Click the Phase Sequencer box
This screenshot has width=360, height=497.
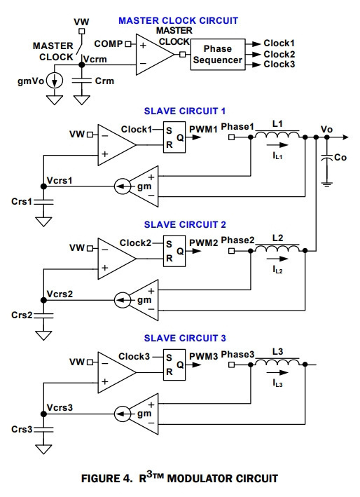pos(218,54)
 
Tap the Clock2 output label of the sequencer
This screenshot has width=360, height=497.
pos(279,54)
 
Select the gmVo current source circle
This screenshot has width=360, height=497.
pos(55,81)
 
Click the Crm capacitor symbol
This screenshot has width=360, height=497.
pos(82,81)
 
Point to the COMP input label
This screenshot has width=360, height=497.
pos(109,43)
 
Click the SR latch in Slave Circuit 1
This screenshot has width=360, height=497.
pos(174,137)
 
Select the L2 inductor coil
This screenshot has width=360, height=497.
pos(277,248)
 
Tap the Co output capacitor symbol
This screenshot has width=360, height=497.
pos(327,158)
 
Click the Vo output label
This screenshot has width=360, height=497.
pos(327,129)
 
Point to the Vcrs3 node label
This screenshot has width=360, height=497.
pos(60,407)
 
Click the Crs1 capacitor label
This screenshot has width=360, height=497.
pos(22,201)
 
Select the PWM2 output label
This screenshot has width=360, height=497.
pos(204,243)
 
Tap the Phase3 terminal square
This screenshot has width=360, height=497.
pos(231,365)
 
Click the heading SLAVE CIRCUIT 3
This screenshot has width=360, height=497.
pos(185,338)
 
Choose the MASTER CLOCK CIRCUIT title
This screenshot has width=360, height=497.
pos(179,20)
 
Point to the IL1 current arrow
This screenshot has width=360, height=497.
pos(277,145)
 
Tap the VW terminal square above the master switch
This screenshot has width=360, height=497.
pos(82,31)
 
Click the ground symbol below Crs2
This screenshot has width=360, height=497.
pos(43,336)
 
